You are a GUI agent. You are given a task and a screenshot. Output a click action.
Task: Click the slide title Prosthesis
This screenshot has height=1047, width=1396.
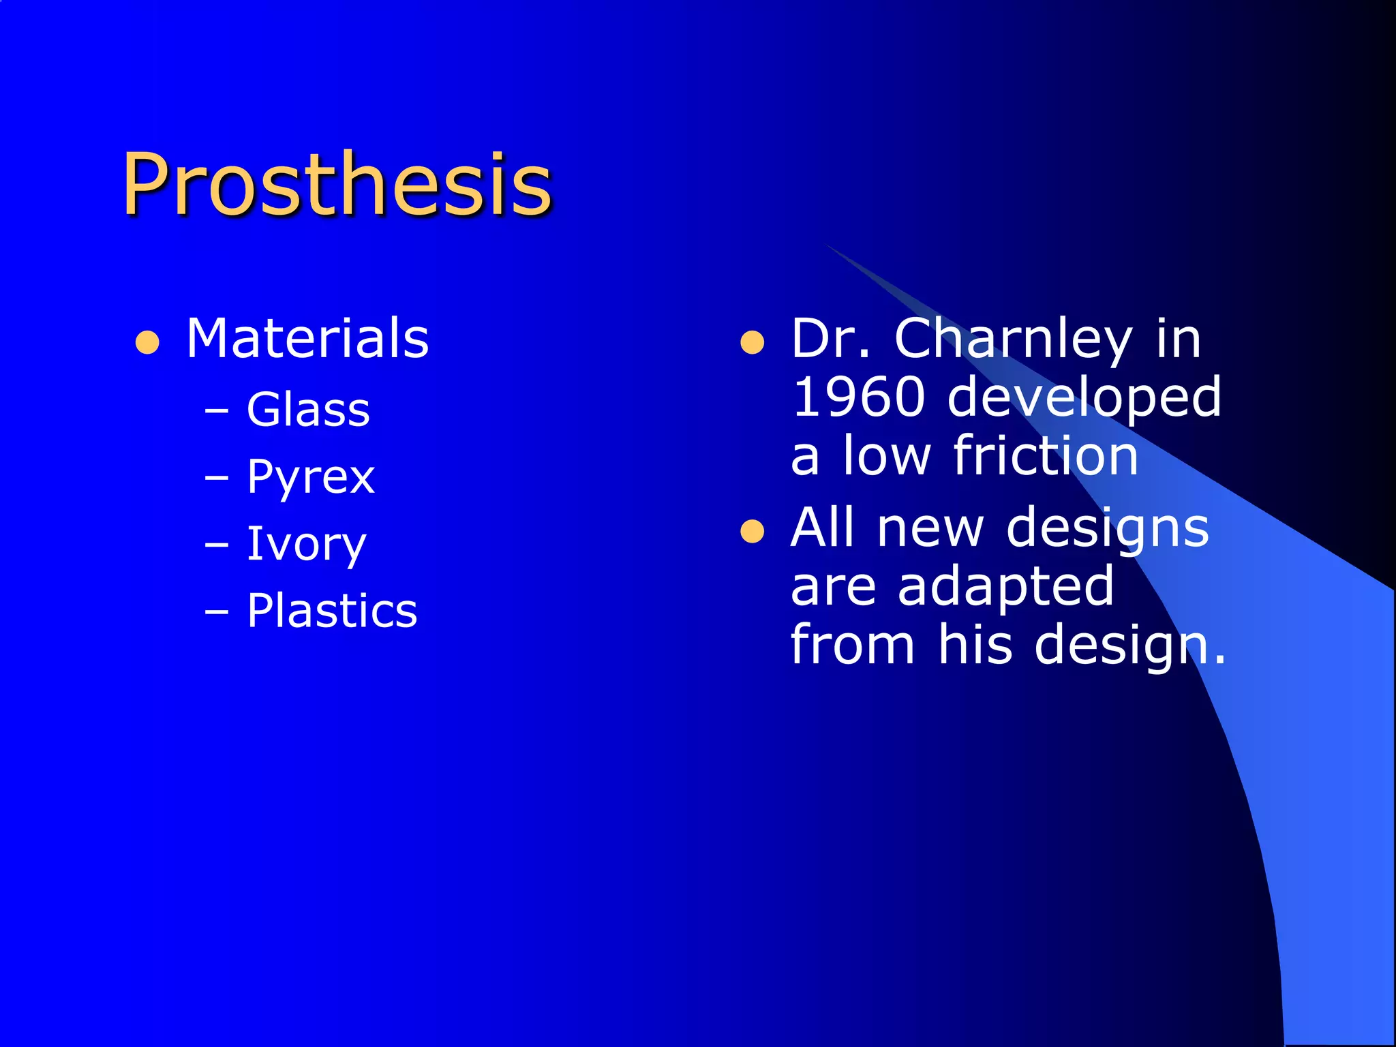click(336, 184)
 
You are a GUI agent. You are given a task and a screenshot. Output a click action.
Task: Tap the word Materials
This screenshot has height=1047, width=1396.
click(307, 338)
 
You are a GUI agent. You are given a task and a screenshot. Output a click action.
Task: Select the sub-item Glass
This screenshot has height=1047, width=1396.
click(308, 410)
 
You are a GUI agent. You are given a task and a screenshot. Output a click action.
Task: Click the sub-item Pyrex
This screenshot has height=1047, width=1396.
click(311, 476)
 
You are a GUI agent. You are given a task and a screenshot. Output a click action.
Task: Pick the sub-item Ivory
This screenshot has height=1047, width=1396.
click(306, 544)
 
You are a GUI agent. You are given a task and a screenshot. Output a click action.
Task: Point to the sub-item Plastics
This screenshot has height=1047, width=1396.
click(332, 610)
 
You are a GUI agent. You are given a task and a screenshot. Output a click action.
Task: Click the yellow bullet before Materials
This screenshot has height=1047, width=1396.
click(147, 343)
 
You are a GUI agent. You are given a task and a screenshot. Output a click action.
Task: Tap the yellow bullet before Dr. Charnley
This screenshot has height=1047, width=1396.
click(752, 343)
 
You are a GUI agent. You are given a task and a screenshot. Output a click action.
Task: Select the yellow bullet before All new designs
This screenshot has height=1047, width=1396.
click(752, 532)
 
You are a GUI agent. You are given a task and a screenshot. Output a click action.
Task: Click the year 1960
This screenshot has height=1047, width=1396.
click(859, 397)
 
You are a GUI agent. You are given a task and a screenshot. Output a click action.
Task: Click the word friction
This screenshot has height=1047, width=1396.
click(1046, 455)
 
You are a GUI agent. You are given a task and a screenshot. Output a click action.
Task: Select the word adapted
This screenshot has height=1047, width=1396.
click(1005, 587)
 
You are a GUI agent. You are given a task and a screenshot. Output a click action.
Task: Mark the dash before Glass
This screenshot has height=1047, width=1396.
click(217, 412)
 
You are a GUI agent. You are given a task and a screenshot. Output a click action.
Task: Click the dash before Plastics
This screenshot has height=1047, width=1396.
click(217, 612)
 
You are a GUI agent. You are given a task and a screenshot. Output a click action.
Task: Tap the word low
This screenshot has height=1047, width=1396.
click(886, 455)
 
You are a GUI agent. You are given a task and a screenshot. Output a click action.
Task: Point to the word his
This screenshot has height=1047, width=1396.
click(975, 644)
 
